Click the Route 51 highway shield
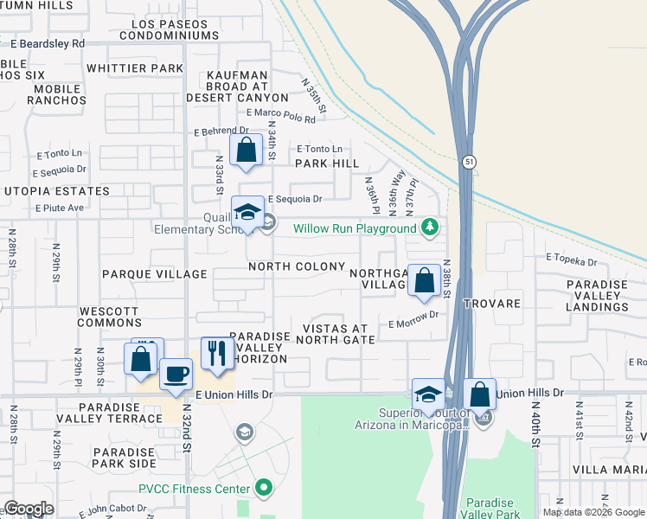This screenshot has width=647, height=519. click(469, 162)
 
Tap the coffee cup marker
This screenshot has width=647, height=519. click(176, 375)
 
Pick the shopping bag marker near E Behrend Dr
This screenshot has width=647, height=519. click(247, 150)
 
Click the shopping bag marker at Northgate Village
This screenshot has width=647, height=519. click(424, 280)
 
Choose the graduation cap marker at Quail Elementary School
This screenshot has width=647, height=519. click(247, 213)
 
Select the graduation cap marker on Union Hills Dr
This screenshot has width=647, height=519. click(428, 394)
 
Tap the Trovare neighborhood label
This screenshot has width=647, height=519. click(491, 304)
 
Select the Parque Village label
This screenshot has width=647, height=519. click(155, 274)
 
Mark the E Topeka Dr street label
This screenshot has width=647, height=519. click(571, 260)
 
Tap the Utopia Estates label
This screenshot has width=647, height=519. click(56, 191)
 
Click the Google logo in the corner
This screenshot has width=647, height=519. click(29, 509)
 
